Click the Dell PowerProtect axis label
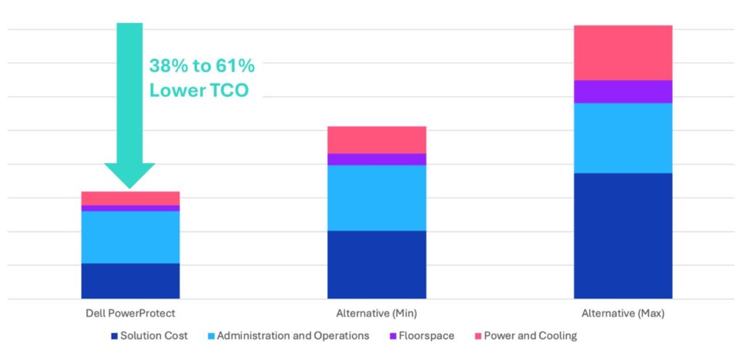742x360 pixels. (130, 313)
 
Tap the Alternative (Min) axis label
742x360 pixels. (377, 314)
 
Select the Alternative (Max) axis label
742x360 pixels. (623, 314)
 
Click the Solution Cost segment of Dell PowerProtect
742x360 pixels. (130, 281)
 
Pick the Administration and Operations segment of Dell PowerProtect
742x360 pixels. (130, 237)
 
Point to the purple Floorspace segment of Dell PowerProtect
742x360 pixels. (130, 208)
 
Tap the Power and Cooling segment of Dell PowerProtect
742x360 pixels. (130, 198)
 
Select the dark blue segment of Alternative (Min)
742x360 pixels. (377, 265)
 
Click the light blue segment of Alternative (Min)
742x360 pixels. (377, 198)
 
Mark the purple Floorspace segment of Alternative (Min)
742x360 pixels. (377, 159)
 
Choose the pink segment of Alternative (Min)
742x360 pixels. (377, 140)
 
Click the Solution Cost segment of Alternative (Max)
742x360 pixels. (623, 236)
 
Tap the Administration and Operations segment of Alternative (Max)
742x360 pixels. (623, 138)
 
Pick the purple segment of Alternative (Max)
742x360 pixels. (623, 92)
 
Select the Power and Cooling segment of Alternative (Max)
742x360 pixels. (623, 53)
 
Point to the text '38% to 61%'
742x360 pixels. (202, 66)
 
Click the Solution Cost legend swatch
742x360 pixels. (114, 336)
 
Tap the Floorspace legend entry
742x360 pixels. (422, 336)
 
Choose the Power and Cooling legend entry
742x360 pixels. (525, 336)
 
